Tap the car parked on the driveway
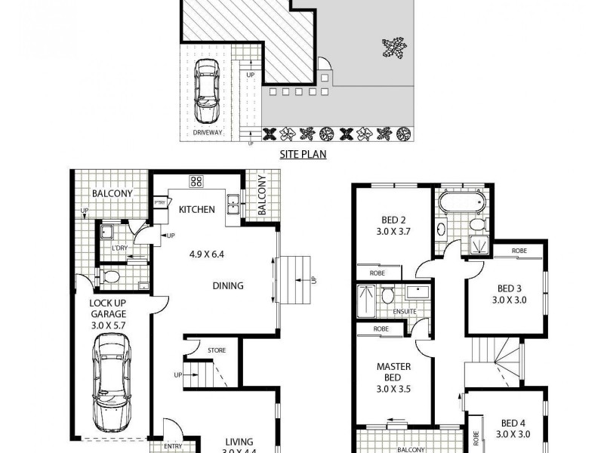coord(205,91)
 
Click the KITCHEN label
coord(197,209)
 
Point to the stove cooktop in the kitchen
coord(197,181)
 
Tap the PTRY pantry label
coord(160,202)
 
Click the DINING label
coord(228,285)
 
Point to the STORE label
coord(217,350)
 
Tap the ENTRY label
coord(173,446)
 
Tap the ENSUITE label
coord(405,312)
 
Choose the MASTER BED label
coord(393,372)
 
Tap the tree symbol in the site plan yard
coord(393,50)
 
